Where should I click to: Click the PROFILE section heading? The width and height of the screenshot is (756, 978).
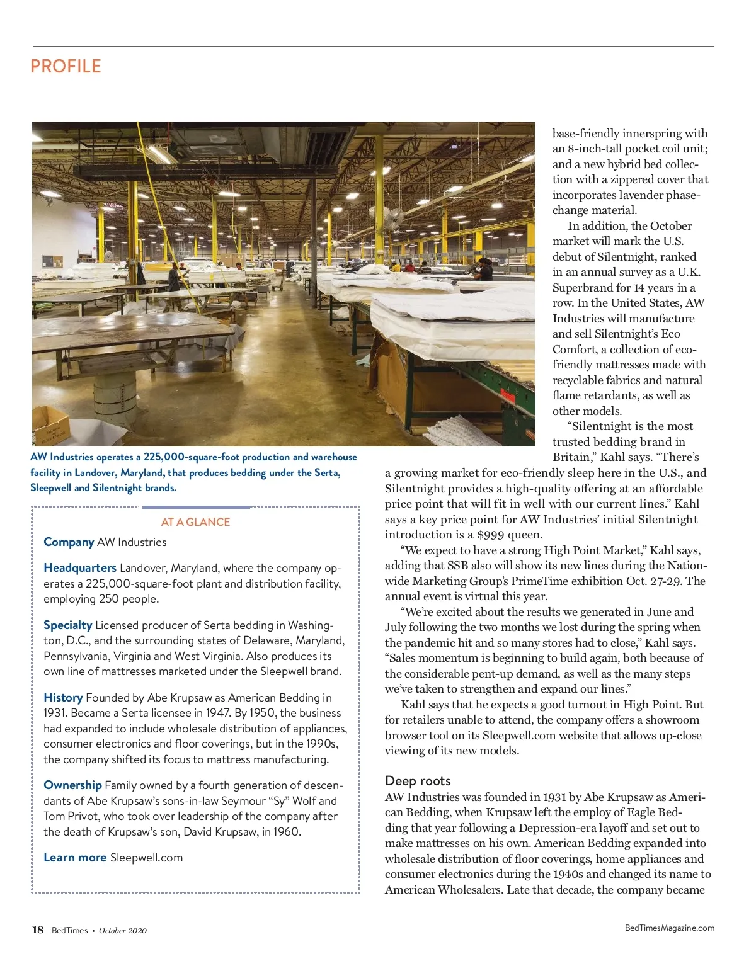[66, 66]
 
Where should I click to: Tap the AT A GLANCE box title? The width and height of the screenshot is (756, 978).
[195, 522]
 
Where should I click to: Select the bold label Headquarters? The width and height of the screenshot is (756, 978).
[80, 567]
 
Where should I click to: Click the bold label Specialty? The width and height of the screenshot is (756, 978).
[68, 625]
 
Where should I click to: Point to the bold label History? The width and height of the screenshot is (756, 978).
[63, 697]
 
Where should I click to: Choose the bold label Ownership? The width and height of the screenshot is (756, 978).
[72, 785]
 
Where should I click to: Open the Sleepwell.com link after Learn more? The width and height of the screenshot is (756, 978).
[146, 857]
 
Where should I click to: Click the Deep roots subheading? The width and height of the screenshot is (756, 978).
[418, 781]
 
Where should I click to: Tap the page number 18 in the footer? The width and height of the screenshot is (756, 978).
[38, 930]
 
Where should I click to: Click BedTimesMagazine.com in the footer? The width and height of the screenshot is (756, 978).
[669, 928]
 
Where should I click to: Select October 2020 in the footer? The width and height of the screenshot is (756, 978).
[122, 930]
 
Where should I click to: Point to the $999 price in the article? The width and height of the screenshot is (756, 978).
[491, 535]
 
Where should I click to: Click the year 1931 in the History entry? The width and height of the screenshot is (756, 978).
[55, 713]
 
